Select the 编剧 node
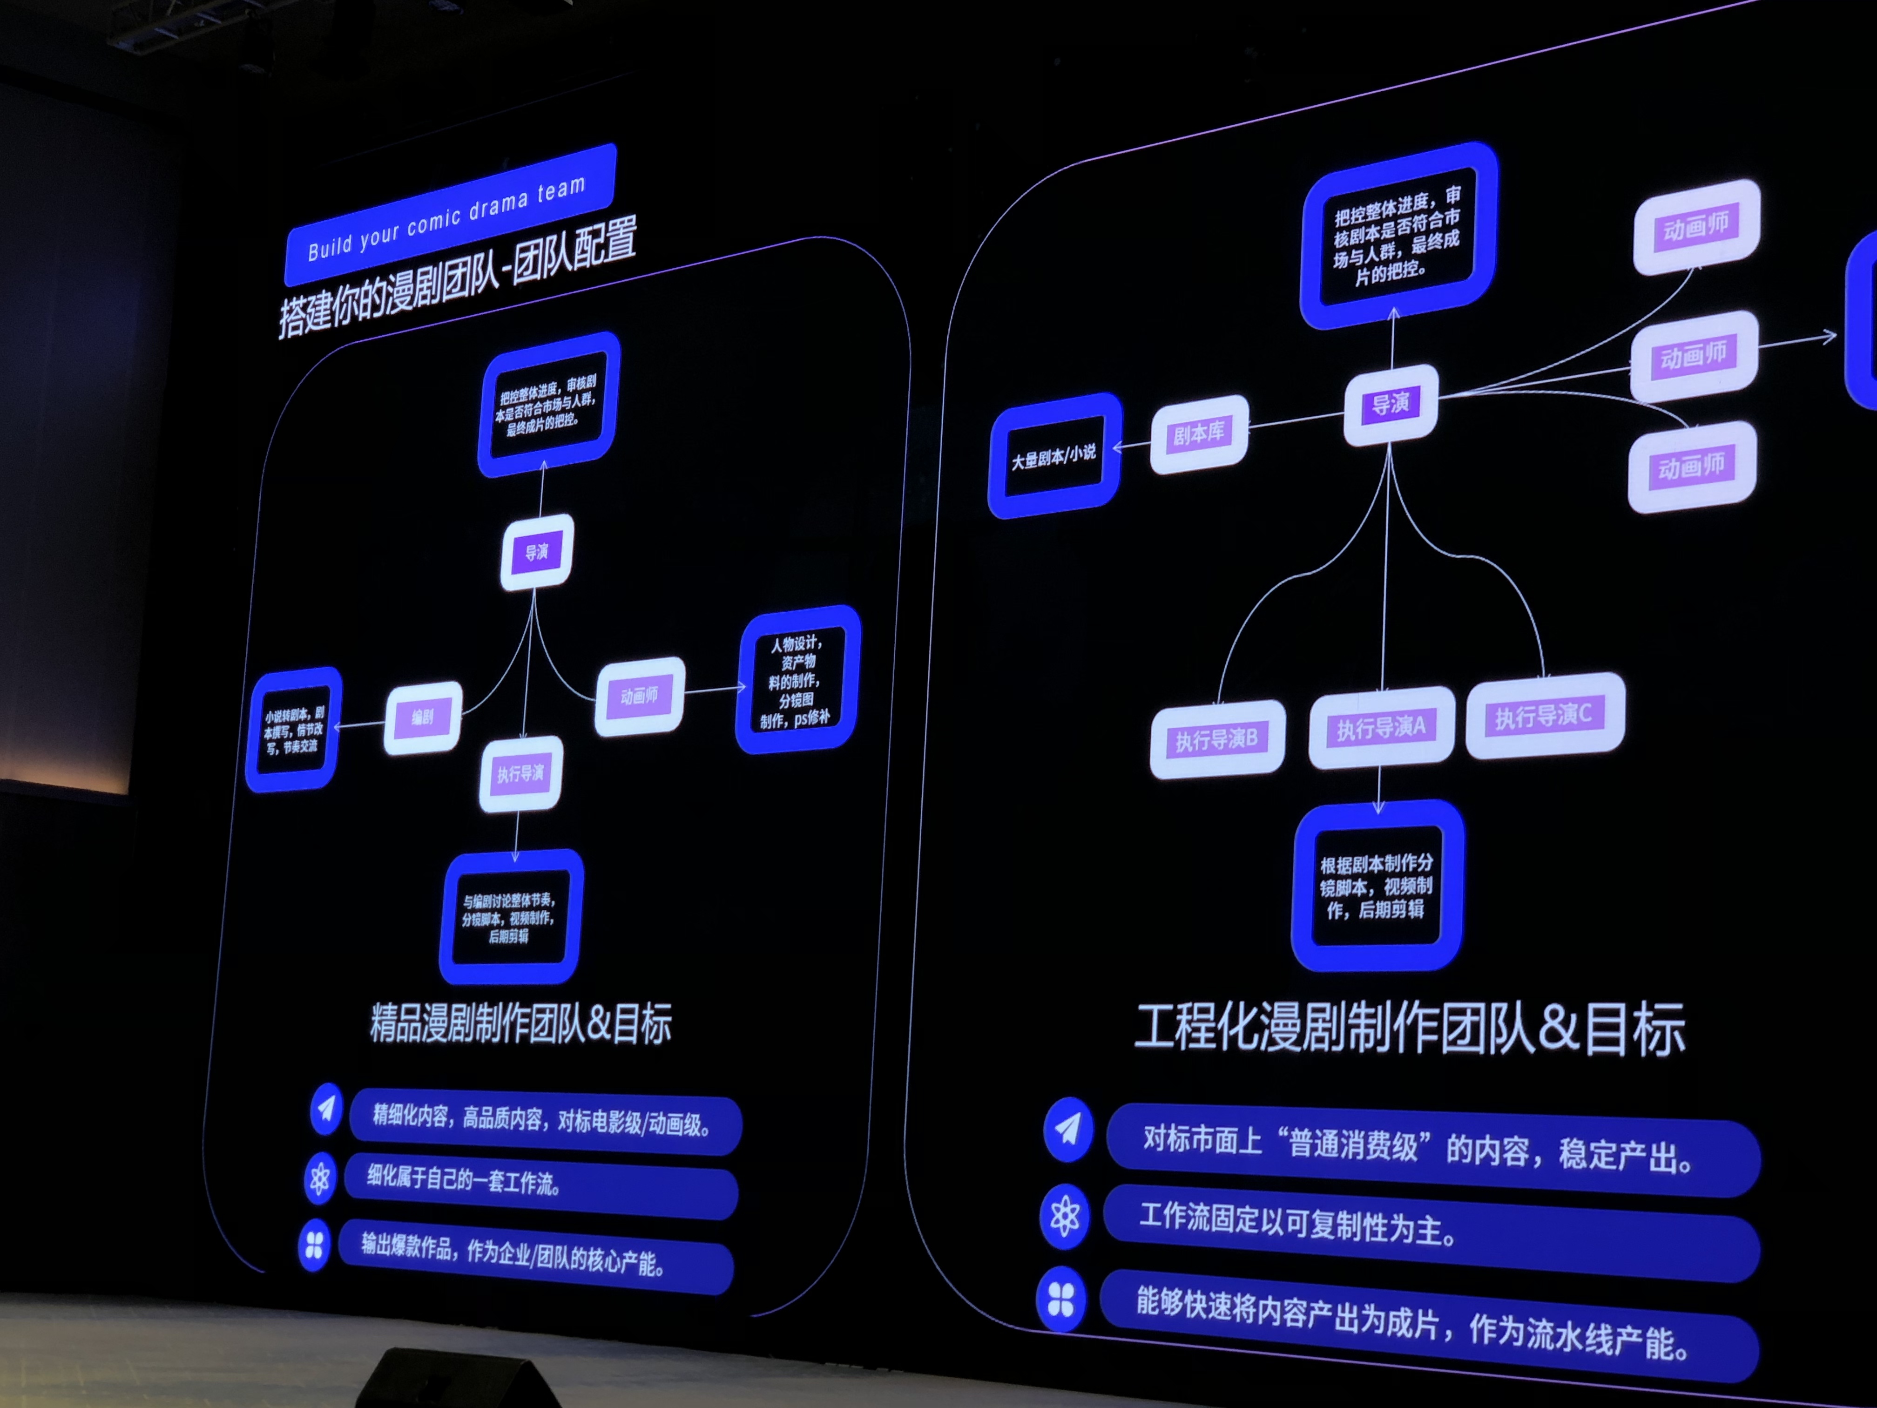click(423, 717)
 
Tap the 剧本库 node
click(1199, 434)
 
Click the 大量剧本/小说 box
click(1054, 457)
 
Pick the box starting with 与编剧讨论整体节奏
click(509, 917)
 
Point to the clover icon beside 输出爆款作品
click(314, 1245)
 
